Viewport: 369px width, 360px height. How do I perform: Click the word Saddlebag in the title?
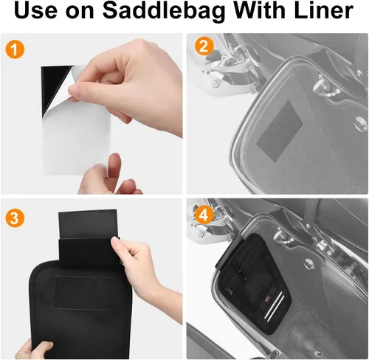tap(164, 11)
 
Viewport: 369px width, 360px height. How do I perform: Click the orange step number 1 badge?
tap(15, 49)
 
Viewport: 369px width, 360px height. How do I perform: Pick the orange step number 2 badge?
tap(204, 46)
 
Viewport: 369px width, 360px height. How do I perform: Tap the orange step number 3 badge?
tap(15, 218)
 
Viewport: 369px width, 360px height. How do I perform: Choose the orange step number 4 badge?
tap(204, 216)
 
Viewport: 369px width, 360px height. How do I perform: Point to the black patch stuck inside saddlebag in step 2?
tap(279, 131)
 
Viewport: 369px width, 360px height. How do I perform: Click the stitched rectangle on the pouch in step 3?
tap(83, 293)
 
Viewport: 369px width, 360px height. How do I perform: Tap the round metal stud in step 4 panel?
tap(308, 263)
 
